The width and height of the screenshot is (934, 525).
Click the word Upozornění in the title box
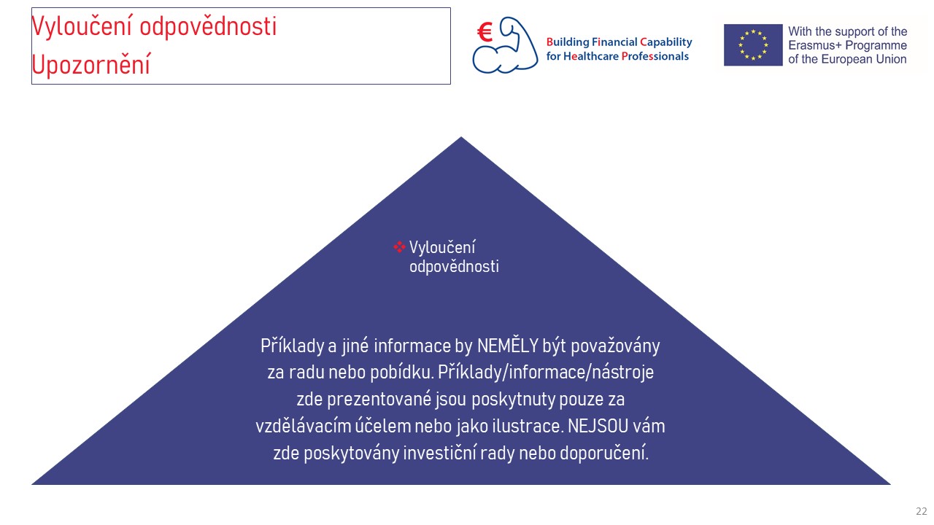pos(91,65)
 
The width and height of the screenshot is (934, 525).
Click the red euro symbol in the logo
pos(485,33)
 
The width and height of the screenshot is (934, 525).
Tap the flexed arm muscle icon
pos(506,46)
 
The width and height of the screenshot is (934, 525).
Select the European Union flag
pos(753,45)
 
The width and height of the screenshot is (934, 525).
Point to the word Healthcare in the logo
pos(591,56)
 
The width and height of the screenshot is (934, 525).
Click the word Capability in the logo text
pos(666,42)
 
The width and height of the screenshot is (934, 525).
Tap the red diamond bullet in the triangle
pos(399,247)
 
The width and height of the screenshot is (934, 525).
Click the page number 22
pos(921,511)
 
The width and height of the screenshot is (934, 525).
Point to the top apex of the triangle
pos(460,136)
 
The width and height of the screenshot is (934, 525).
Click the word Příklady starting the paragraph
pos(293,346)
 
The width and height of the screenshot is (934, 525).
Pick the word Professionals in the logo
pos(655,56)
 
